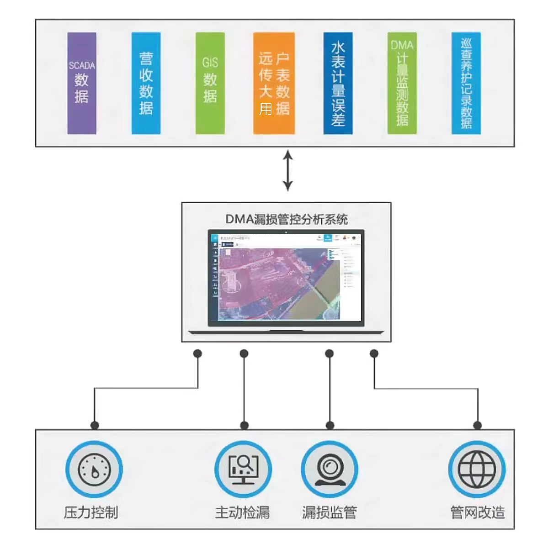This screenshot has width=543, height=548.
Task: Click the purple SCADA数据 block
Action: [x=82, y=83]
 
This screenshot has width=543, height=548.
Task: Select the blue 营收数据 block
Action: [x=146, y=83]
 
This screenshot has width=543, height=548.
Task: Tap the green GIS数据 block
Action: [x=210, y=83]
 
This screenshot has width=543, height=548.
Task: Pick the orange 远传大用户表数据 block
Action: [x=274, y=83]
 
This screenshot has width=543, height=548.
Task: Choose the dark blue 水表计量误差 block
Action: [x=338, y=83]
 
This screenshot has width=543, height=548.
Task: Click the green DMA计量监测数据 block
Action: [x=402, y=83]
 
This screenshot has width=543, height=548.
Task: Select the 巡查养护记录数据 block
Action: [x=466, y=83]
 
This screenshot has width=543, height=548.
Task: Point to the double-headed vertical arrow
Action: [x=287, y=171]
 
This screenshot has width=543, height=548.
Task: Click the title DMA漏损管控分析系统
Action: [x=287, y=219]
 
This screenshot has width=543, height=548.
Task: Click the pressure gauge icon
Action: [x=94, y=469]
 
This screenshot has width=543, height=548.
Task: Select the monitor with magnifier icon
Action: [x=243, y=469]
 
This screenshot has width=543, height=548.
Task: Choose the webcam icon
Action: [x=329, y=469]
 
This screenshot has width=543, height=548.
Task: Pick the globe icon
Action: [x=477, y=469]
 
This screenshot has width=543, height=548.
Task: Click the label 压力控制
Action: [x=91, y=512]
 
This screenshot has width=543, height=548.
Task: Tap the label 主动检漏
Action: [x=242, y=512]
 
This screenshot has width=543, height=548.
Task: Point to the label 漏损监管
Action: [x=329, y=512]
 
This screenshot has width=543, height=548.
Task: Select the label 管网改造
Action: [x=478, y=512]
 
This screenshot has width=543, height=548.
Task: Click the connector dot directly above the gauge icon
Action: [x=95, y=425]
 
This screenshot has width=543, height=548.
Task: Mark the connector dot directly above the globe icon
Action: [x=478, y=425]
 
